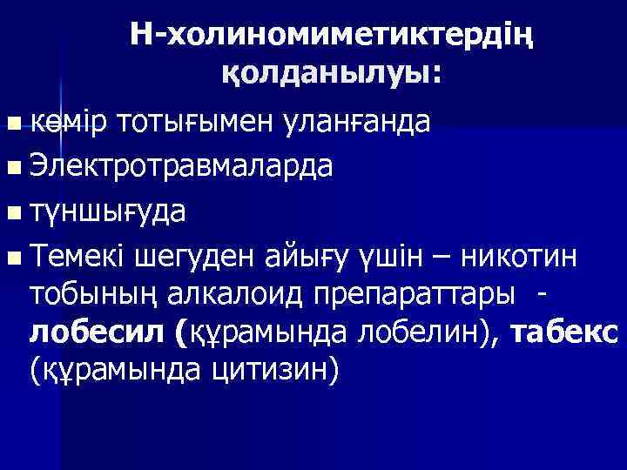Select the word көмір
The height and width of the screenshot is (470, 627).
click(66, 121)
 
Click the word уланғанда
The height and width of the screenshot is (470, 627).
click(356, 121)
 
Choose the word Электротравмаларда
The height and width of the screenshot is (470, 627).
click(180, 165)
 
